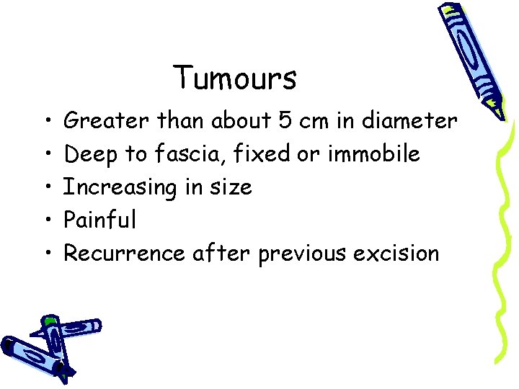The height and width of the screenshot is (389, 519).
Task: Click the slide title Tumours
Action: pyautogui.click(x=235, y=78)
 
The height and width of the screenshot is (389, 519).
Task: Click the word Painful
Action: pyautogui.click(x=99, y=220)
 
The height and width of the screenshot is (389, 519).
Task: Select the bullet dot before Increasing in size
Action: pyautogui.click(x=45, y=188)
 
